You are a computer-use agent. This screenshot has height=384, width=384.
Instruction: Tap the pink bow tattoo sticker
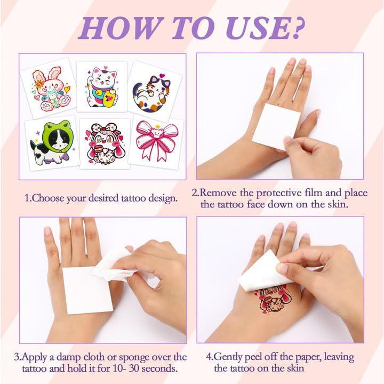[x=155, y=141]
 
